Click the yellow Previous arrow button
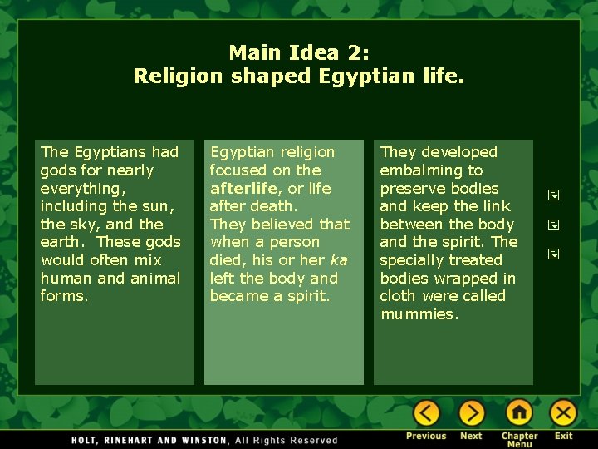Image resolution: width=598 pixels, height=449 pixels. (426, 413)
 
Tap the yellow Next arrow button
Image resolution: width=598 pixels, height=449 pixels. (471, 413)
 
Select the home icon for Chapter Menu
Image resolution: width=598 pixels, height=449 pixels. (519, 413)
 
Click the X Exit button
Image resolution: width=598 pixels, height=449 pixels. (564, 413)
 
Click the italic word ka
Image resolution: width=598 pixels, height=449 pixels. (338, 260)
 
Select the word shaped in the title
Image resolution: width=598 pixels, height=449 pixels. (271, 77)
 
